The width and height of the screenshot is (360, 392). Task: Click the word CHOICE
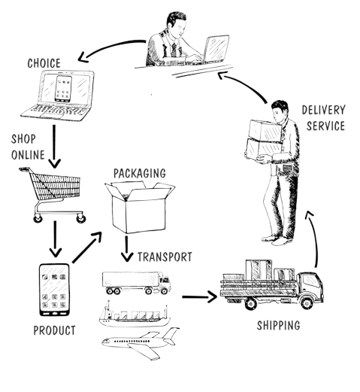44,63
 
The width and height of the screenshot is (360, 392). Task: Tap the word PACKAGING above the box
140,173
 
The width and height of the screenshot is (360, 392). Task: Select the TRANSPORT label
165,257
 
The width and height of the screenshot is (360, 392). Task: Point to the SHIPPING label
278,325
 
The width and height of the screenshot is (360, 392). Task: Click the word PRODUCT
54,330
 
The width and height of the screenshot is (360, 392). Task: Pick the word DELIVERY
323,110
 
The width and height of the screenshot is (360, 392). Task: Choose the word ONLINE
28,155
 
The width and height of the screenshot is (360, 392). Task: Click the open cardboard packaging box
140,207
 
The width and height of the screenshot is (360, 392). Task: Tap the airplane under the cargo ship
141,343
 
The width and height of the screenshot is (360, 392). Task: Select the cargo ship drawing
135,315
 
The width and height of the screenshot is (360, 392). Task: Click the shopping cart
53,195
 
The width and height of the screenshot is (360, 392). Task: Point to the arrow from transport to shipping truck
199,297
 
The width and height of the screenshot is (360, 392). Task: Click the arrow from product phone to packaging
86,248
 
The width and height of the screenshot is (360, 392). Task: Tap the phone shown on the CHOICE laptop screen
63,89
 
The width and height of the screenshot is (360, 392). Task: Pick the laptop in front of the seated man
216,49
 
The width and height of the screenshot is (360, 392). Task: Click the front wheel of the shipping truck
307,303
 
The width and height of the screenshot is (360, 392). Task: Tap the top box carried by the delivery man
265,131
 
